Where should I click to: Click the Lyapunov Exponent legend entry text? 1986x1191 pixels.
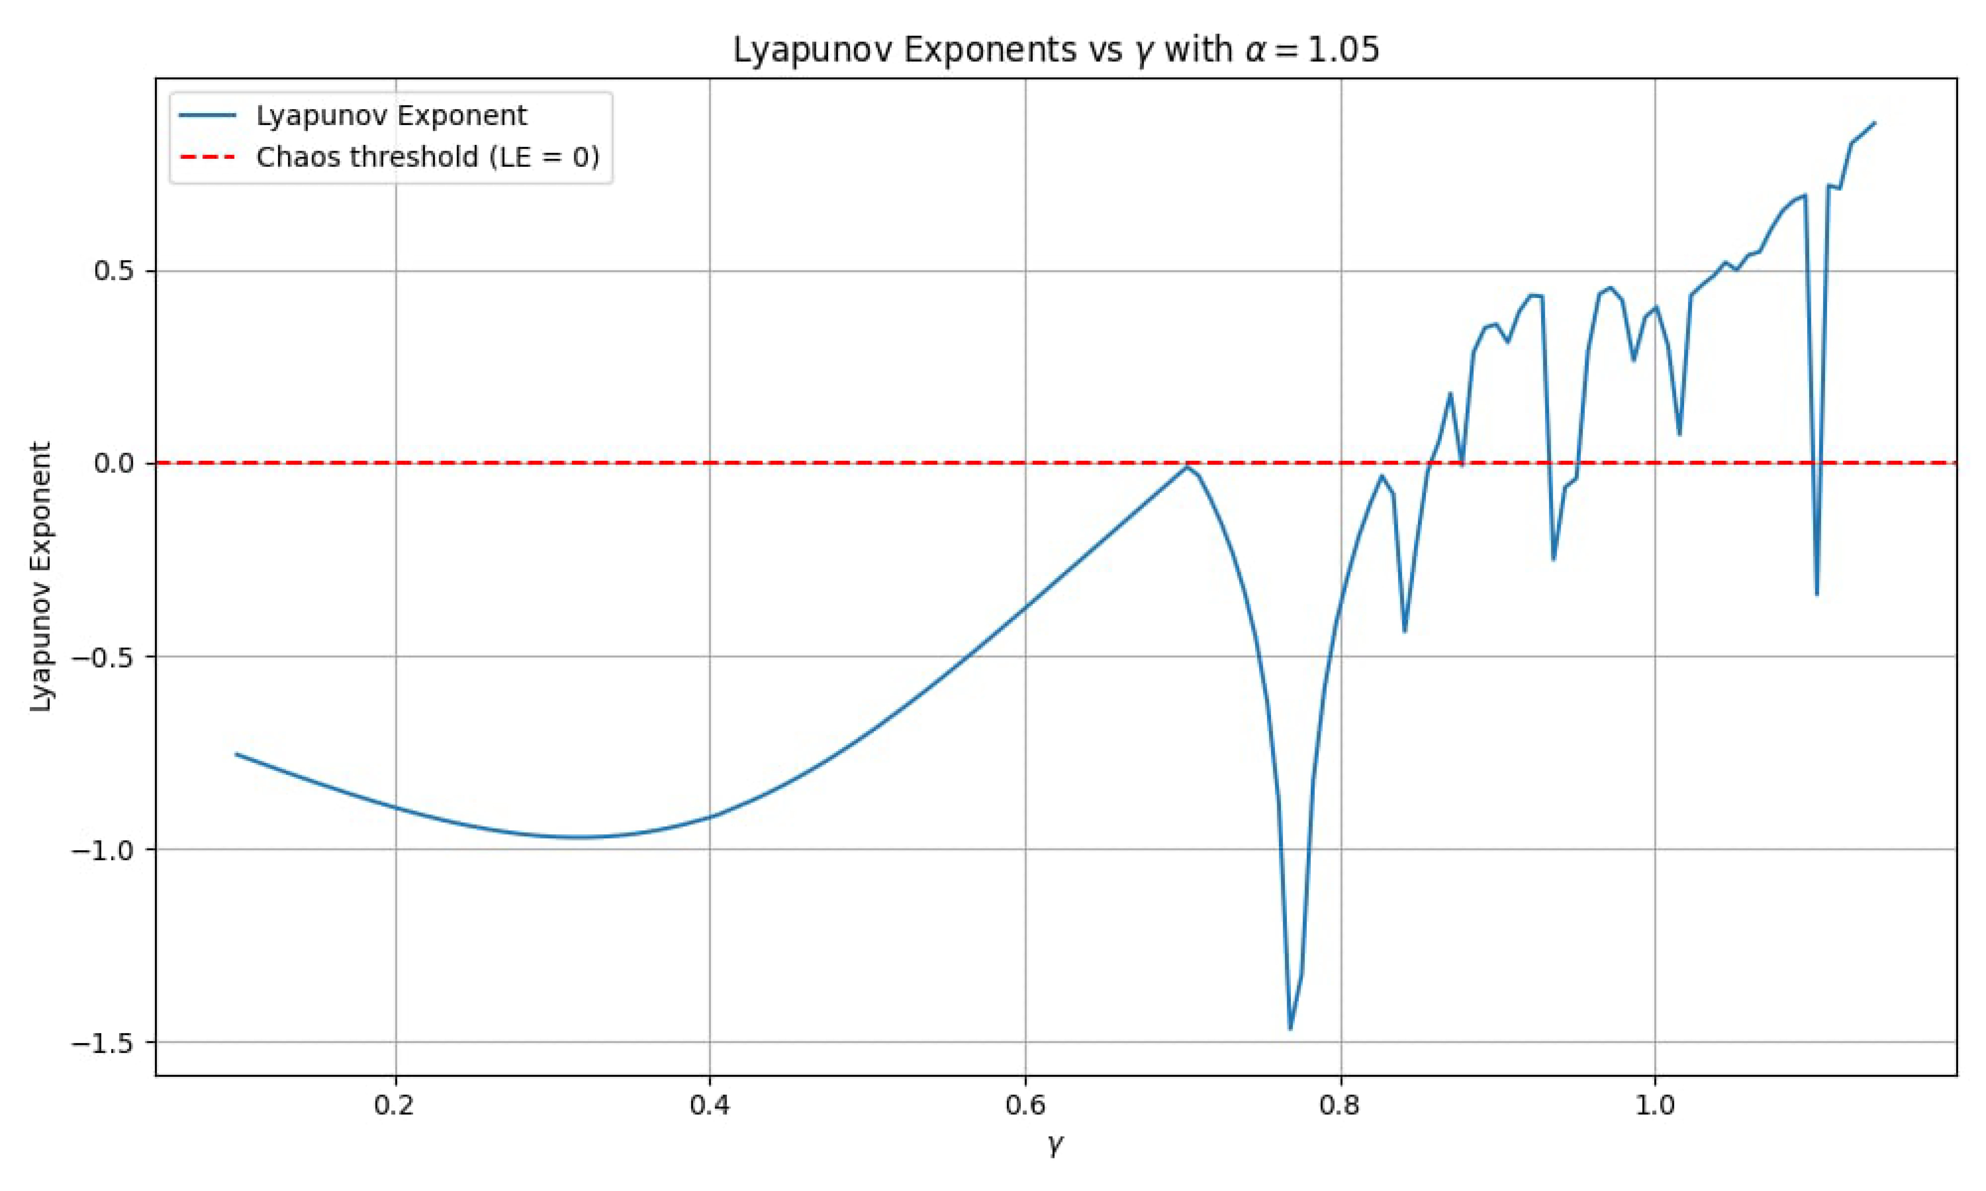coord(391,116)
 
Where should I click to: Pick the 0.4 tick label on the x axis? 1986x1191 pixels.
coord(710,1105)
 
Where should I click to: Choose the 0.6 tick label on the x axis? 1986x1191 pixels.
coord(1025,1105)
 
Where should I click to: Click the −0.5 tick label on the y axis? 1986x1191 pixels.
coord(102,656)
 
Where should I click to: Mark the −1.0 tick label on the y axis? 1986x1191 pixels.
coord(102,849)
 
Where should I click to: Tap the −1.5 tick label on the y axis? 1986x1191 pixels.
coord(102,1043)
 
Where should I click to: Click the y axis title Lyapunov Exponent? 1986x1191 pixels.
coord(40,576)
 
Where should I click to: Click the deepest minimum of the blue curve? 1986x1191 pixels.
coord(1290,1028)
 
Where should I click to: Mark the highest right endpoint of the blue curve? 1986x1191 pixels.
coord(1874,123)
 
